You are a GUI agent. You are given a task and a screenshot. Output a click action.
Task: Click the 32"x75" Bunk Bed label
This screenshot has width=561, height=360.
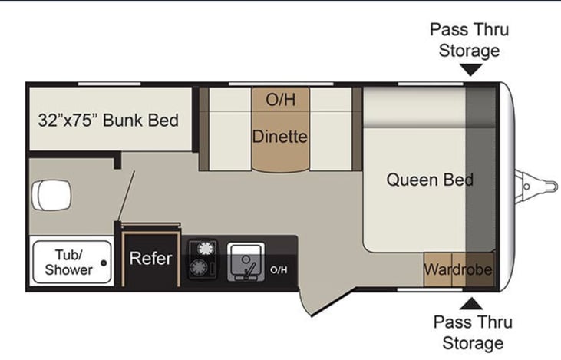108,121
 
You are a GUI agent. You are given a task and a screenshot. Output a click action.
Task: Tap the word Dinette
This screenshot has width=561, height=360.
280,137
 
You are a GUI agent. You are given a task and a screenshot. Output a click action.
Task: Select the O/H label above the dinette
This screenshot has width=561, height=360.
280,100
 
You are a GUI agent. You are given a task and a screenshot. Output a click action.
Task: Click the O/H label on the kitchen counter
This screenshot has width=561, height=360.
279,269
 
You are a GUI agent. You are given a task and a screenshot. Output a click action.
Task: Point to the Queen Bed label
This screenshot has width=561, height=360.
429,180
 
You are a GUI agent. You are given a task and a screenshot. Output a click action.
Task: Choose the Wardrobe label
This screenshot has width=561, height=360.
457,270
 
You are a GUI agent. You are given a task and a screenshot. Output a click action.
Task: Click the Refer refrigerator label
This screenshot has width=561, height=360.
150,259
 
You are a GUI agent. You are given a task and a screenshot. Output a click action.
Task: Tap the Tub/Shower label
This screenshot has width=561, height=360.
68,262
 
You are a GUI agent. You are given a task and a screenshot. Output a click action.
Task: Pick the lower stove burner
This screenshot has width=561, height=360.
202,267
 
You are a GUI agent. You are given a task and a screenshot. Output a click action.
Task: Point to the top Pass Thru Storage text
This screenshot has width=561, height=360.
470,41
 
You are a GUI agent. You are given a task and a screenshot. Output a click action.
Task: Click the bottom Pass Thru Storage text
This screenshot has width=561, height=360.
473,332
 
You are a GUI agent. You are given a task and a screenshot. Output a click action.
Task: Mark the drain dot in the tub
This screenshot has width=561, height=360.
104,262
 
